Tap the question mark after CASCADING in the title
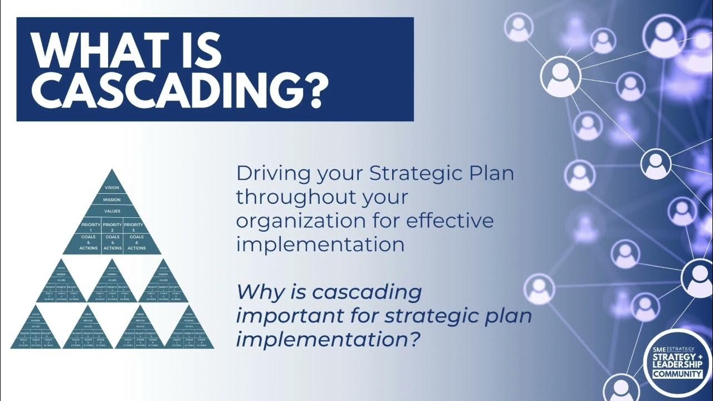(312, 91)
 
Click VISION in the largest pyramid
(112, 188)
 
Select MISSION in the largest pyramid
(112, 199)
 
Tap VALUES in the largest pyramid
(112, 212)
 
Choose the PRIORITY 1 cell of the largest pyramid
(91, 227)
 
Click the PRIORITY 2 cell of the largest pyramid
(112, 227)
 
